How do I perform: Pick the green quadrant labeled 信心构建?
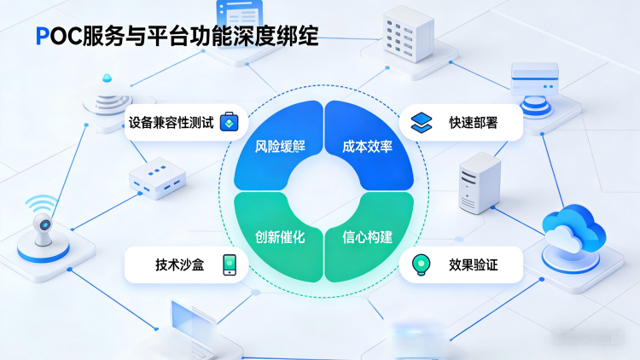(368, 236)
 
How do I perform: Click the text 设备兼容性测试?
(168, 122)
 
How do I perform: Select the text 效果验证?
(474, 264)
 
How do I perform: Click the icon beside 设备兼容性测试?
(229, 122)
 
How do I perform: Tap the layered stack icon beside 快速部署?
(421, 122)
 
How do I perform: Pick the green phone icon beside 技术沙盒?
(230, 264)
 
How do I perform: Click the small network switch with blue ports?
(156, 178)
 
